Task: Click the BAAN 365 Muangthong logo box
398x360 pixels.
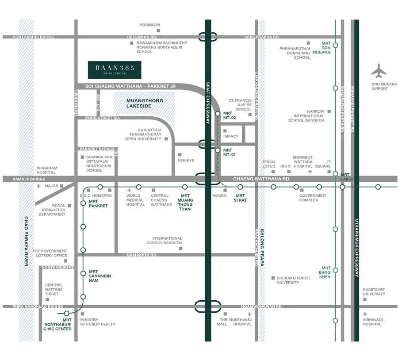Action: pos(115,70)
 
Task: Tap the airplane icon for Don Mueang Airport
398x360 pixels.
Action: pos(379,71)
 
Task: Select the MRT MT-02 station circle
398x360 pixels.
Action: pos(218,114)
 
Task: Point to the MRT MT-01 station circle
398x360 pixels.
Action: pos(218,150)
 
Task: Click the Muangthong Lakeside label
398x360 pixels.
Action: pos(145,103)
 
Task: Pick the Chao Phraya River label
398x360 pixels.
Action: pos(26,241)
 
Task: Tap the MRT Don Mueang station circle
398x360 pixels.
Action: pos(336,45)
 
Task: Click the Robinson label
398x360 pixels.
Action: pos(150,25)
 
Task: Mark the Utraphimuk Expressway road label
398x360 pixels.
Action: pos(356,248)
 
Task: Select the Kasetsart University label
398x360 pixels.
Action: pos(374,291)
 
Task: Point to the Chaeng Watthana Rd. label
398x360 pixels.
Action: pos(262,179)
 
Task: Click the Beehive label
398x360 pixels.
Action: pos(186,160)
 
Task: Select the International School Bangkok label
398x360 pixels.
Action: pos(167,241)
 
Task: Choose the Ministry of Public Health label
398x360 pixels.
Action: pos(98,322)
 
